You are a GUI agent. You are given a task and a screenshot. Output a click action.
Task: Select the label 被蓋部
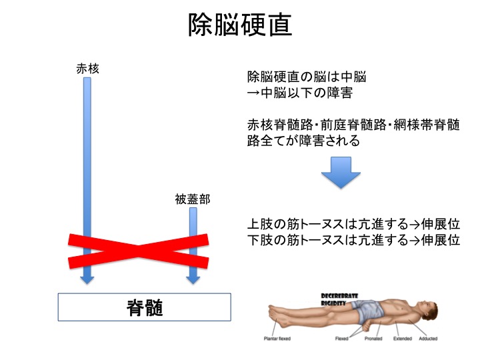(192, 199)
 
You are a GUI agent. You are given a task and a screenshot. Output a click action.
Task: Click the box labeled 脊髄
(145, 308)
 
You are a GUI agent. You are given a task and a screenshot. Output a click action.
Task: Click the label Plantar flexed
(278, 339)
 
